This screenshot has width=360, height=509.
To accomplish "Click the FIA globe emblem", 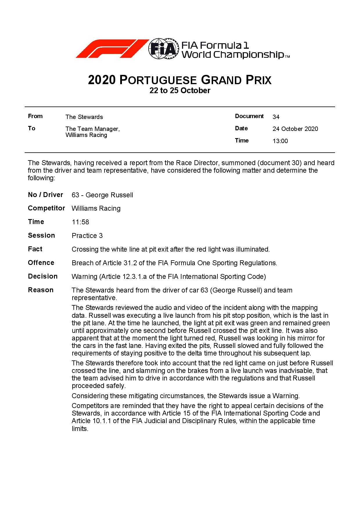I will point(163,49).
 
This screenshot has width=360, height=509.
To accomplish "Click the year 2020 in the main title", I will point(102,80).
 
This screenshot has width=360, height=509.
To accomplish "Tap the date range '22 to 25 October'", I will point(180,91).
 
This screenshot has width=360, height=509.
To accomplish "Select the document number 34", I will point(276,117).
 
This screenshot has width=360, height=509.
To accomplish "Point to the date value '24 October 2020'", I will point(295,129).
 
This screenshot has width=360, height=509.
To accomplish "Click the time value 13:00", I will point(280,141).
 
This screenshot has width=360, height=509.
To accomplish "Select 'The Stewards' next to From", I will point(84,117).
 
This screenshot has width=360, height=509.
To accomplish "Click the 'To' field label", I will point(32,128).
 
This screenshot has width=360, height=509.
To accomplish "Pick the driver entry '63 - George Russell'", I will point(102,195).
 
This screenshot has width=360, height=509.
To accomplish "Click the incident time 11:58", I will point(80,222).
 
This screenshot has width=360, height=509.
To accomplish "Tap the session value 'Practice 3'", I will point(87,236).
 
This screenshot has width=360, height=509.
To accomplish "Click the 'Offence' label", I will point(41,263).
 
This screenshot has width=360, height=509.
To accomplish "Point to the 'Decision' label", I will point(43,276).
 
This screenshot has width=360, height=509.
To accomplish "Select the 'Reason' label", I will point(41,290).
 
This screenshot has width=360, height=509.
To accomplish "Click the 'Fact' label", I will point(35,249).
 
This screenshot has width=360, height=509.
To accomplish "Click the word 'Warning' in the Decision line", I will point(84,277).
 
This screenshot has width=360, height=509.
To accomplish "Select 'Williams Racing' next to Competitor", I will point(96,208).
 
